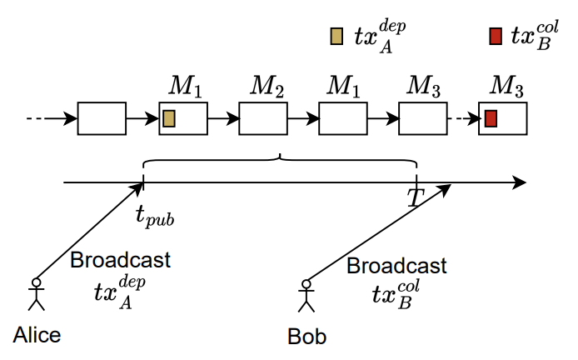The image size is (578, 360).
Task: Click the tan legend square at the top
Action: (x=336, y=36)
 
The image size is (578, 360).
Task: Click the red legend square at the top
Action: (x=495, y=36)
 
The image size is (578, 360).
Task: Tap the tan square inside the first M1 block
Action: (x=169, y=118)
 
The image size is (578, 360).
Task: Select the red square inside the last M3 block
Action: (x=491, y=118)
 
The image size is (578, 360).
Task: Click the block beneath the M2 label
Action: (x=263, y=118)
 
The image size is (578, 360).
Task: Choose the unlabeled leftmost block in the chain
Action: (x=102, y=118)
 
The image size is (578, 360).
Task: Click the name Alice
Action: (x=37, y=335)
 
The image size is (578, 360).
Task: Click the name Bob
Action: (x=306, y=337)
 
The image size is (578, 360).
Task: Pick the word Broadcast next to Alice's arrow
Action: (x=120, y=260)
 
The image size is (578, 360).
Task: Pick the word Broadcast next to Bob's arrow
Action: (x=396, y=267)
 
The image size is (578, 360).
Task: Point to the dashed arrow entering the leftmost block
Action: (x=52, y=118)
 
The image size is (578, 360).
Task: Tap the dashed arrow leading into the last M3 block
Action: (x=462, y=118)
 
